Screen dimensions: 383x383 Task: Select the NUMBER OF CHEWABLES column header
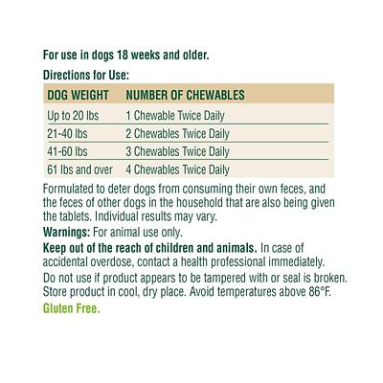(x=185, y=96)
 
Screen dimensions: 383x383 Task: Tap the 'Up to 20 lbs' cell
(x=73, y=115)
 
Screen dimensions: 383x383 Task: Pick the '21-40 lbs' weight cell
(x=67, y=133)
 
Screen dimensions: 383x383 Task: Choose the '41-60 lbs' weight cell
(x=67, y=151)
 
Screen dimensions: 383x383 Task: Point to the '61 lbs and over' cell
(x=79, y=169)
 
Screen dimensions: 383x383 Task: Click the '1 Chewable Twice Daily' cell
(x=175, y=115)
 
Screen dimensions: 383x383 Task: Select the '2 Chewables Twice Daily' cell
(x=178, y=133)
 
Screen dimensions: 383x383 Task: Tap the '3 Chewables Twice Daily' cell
(x=178, y=151)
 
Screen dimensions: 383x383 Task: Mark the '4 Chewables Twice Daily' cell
(x=178, y=169)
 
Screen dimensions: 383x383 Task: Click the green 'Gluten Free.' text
(x=72, y=308)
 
